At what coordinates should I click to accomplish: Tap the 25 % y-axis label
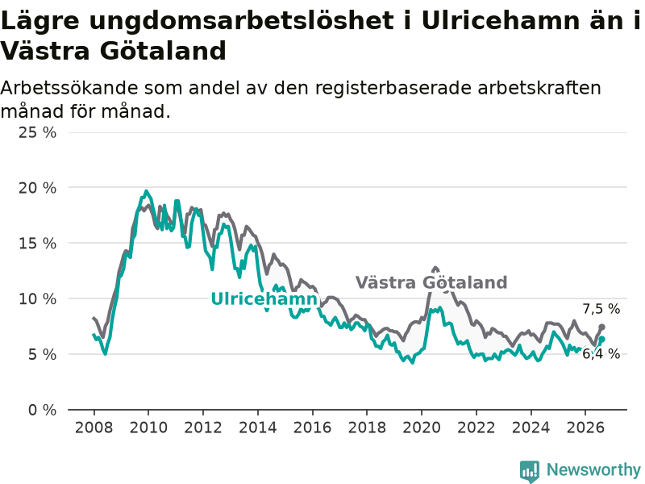tap(37, 132)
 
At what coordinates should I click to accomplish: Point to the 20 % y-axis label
tap(37, 188)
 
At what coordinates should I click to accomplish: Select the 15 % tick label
tap(37, 244)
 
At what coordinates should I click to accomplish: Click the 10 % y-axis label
tap(37, 298)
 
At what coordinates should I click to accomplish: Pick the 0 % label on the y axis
tap(42, 410)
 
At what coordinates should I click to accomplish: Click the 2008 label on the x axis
tap(94, 428)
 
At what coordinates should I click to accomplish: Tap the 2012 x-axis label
tap(203, 428)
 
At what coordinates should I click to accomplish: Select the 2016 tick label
tap(313, 428)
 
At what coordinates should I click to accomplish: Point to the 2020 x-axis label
tap(422, 428)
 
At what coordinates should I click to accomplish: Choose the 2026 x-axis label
tap(585, 428)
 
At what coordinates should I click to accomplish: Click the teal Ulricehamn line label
tap(264, 298)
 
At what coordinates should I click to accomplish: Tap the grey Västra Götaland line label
tap(431, 283)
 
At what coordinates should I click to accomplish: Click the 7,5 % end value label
tap(601, 309)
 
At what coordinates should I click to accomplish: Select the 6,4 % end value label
tap(601, 353)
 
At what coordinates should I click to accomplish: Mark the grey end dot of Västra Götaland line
tap(601, 327)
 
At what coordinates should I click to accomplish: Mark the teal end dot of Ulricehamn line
tap(601, 339)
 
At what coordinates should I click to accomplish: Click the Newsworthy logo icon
tap(530, 471)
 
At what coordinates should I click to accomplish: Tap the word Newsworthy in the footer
tap(593, 469)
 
